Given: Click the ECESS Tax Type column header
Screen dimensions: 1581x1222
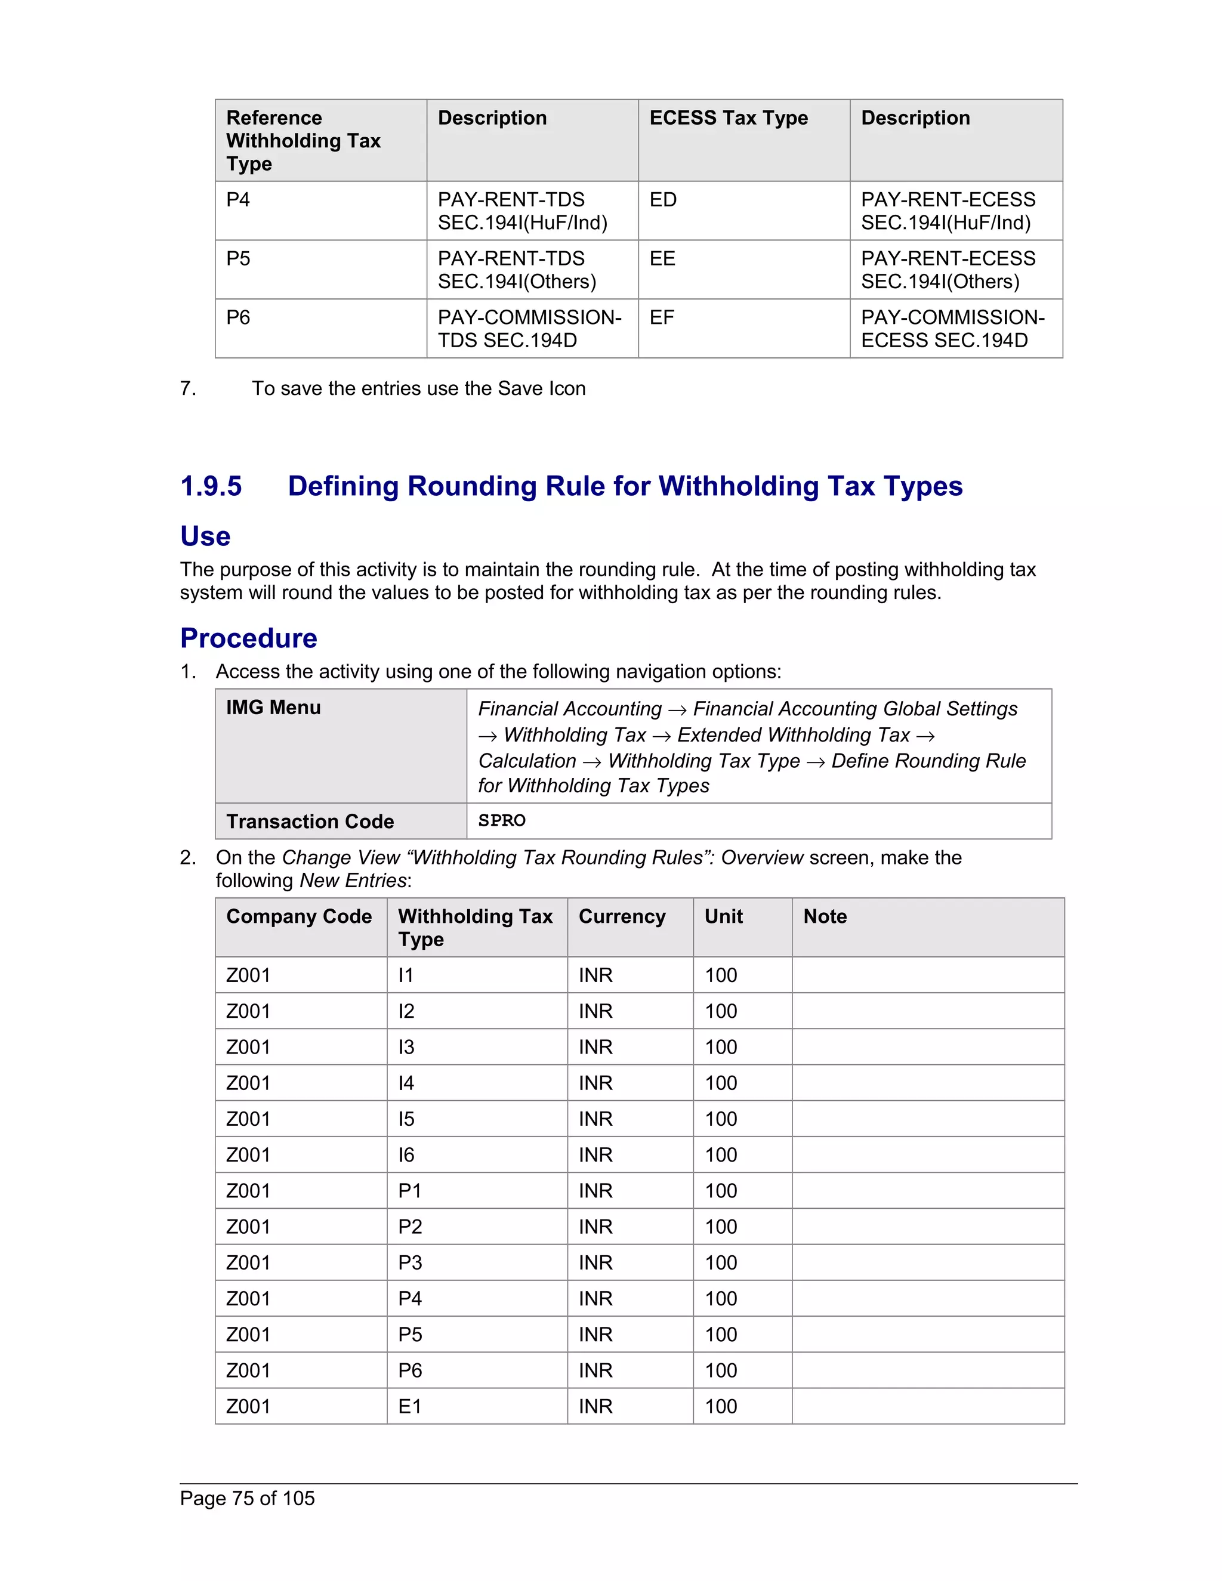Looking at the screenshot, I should (729, 118).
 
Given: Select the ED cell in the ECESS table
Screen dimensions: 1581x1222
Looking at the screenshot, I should (663, 200).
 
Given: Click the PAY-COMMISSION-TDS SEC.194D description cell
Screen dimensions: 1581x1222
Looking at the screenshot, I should (529, 329).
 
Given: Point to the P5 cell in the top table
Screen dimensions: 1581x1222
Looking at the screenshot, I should (238, 259).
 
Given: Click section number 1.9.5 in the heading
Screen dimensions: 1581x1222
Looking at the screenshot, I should (211, 486).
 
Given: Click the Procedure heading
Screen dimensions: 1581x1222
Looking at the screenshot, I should (248, 638).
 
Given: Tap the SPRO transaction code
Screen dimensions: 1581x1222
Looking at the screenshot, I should (502, 821).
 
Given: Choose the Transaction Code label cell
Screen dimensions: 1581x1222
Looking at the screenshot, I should (310, 822).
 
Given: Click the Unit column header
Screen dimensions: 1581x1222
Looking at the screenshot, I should (723, 916).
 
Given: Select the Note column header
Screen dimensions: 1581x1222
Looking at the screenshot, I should (825, 916).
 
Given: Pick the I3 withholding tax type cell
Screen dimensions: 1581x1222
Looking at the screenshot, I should (406, 1048).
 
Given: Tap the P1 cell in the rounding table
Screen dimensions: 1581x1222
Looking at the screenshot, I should (410, 1191).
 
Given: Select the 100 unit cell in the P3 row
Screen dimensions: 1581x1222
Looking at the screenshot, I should (721, 1263).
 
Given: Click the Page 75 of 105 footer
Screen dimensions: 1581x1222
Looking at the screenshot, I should (247, 1499).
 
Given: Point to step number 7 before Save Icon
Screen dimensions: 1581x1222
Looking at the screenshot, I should (187, 389).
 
